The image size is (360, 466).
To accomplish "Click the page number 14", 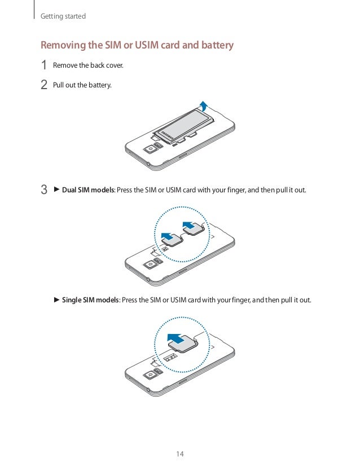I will tap(180, 454).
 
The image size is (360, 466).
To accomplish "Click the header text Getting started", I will tap(63, 16).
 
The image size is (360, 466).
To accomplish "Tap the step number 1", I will tap(43, 65).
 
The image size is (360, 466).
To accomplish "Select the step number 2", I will tap(43, 85).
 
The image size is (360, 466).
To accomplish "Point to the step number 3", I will tap(43, 190).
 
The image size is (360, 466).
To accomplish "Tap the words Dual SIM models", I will tap(88, 190).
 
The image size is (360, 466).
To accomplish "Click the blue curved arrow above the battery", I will tap(204, 104).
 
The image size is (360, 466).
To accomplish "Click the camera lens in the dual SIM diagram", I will tap(151, 263).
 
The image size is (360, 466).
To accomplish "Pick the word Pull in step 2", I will tap(58, 85).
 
